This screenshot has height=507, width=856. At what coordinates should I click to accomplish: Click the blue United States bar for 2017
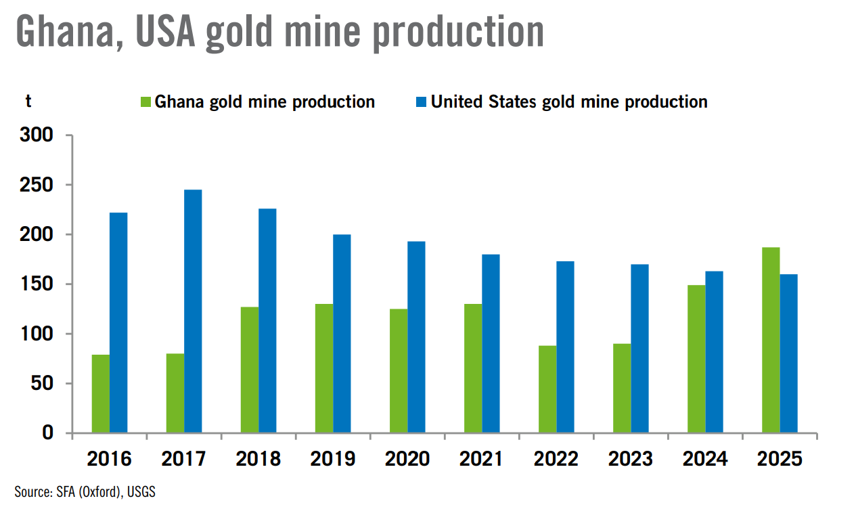[193, 311]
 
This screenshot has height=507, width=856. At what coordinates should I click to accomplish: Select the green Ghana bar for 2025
[771, 340]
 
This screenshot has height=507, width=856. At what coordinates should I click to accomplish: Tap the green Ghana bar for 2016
[101, 393]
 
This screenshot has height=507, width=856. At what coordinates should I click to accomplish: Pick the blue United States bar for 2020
[416, 336]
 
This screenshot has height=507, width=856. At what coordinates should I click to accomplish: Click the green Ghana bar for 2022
[547, 389]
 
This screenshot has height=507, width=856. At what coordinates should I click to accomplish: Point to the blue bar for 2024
[715, 351]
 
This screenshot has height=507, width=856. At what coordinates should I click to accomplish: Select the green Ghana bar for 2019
[324, 368]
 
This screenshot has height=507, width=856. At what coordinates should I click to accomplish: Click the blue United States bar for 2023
[639, 348]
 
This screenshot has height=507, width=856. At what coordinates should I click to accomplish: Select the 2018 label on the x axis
[258, 459]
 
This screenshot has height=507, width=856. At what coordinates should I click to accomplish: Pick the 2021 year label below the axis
[481, 459]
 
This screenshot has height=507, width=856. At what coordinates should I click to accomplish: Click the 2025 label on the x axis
[779, 459]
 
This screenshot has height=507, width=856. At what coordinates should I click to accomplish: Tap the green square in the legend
[145, 102]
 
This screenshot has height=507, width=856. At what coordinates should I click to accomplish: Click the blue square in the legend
[421, 102]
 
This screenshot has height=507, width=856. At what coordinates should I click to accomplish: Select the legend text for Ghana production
[265, 102]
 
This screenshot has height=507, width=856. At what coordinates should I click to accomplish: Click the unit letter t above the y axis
[28, 102]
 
